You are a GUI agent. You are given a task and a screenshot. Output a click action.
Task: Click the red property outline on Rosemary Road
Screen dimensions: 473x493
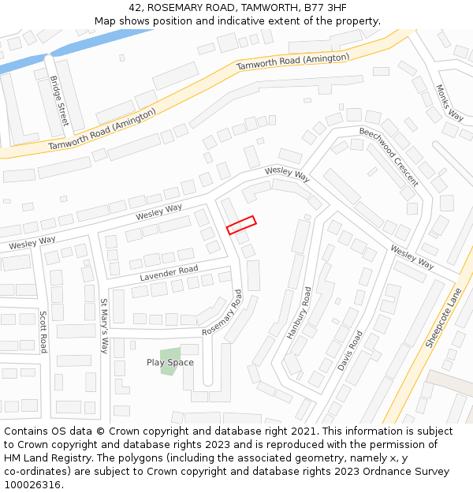(241, 225)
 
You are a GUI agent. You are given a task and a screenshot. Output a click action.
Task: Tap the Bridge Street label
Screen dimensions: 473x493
(59, 101)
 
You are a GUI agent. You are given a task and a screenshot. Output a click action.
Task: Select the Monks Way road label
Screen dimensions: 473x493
(450, 103)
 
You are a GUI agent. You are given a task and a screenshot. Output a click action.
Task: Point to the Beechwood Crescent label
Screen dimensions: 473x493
(388, 156)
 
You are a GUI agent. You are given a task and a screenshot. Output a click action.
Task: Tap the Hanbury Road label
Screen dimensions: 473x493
(299, 312)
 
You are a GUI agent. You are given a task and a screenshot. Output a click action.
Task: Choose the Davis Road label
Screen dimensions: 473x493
(349, 351)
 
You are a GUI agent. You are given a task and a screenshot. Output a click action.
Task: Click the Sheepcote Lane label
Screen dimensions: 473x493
(443, 317)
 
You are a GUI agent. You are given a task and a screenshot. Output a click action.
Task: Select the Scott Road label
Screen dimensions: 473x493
(44, 331)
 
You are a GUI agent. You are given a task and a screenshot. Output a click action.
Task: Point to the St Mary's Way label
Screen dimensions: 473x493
(103, 326)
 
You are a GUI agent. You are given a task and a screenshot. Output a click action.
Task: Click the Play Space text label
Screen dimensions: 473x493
(169, 363)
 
